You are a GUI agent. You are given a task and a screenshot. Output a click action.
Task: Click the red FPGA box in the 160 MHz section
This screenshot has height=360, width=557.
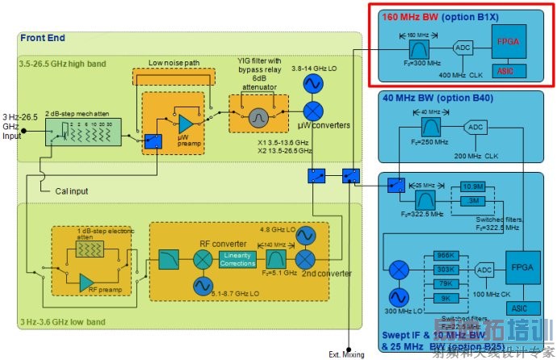click(509, 40)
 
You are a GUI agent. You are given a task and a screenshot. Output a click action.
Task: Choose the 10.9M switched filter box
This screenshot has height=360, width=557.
click(473, 186)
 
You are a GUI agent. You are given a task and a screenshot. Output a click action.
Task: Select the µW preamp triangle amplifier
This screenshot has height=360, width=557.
click(186, 123)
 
